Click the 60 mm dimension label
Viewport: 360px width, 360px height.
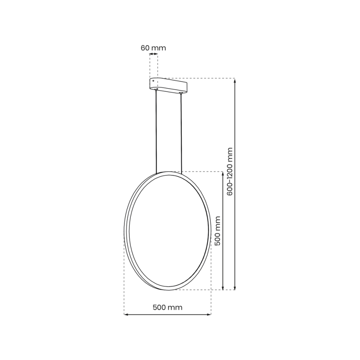[x=153, y=48]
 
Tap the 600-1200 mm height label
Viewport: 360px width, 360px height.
[x=230, y=171]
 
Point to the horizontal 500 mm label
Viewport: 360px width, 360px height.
[x=168, y=307]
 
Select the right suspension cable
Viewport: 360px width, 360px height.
[x=181, y=133]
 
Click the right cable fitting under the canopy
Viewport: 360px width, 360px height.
[x=181, y=94]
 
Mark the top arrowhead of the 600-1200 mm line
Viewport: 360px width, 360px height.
[x=235, y=81]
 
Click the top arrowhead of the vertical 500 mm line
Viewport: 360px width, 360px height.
[x=224, y=174]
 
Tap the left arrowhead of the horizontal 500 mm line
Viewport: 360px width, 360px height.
[x=126, y=314]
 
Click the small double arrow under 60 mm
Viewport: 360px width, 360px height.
[x=153, y=54]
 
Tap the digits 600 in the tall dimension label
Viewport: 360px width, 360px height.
[x=230, y=189]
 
